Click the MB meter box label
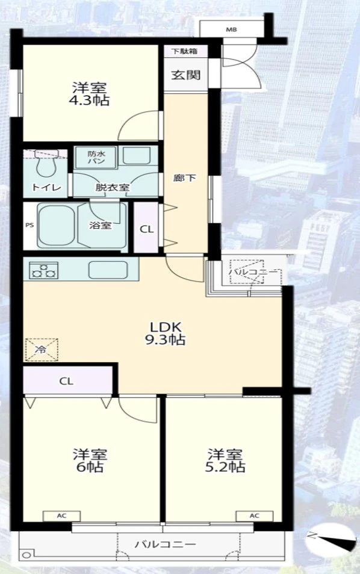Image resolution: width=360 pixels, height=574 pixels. point(231,29)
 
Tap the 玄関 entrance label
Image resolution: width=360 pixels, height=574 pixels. point(186,75)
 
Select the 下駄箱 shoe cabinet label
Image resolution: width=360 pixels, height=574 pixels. point(185,51)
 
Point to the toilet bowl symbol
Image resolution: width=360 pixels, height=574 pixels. point(46,162)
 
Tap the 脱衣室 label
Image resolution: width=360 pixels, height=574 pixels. point(113,188)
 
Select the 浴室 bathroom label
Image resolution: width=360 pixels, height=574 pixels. point(101,225)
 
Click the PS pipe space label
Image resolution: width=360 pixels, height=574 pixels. point(29,225)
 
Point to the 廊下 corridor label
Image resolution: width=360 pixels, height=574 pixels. point(185,178)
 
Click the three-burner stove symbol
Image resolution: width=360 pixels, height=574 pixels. point(41,270)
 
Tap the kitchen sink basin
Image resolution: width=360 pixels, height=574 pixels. point(108,270)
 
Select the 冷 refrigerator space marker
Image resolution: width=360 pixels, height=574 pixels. point(42,350)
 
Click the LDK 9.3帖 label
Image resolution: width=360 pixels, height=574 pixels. point(165,333)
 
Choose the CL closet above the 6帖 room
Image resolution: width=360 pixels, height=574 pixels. point(67,381)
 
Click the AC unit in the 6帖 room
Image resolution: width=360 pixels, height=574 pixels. point(61,516)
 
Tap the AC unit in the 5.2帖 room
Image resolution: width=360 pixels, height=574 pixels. point(255,516)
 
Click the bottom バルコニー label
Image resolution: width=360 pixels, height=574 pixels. point(165,544)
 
